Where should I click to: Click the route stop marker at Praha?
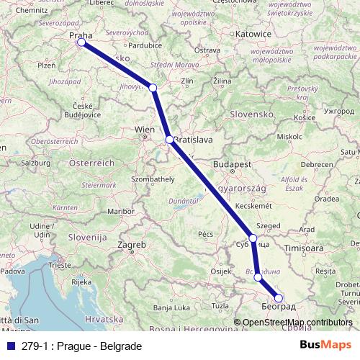coord(81,42)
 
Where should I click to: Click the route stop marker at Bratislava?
coord(168,140)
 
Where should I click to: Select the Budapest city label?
coord(230,164)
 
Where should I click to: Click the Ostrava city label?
coord(207,50)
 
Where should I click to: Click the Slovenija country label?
coord(87,236)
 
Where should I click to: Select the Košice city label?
coord(305,117)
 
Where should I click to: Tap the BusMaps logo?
coord(325,346)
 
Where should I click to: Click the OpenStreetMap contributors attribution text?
coord(297,323)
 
